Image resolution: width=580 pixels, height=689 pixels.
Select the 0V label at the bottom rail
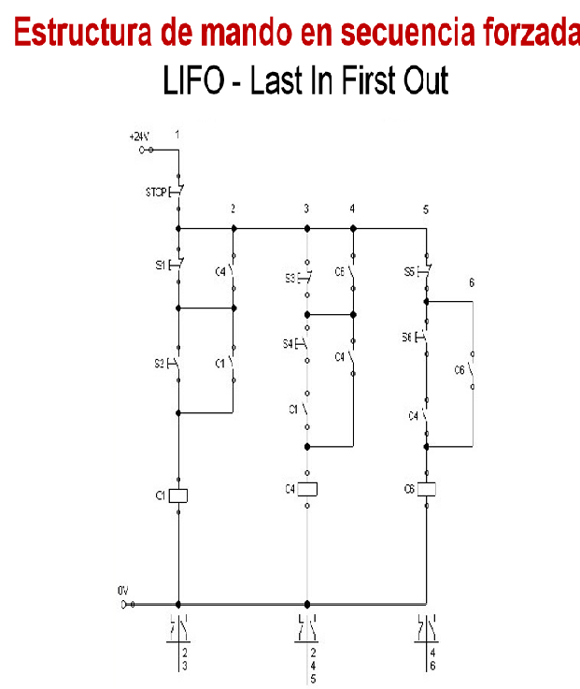[x=121, y=591]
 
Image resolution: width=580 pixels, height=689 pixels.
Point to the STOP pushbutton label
[x=155, y=194]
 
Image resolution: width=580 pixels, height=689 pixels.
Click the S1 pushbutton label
[x=160, y=266]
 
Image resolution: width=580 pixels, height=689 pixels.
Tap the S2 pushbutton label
[x=160, y=362]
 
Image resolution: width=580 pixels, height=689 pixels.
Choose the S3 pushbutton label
[x=290, y=278]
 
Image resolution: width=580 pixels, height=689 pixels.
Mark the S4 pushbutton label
[x=289, y=344]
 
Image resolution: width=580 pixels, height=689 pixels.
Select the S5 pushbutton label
[x=409, y=272]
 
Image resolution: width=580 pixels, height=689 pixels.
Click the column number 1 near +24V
[x=177, y=136]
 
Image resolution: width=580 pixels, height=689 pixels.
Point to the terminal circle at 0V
[x=124, y=605]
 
